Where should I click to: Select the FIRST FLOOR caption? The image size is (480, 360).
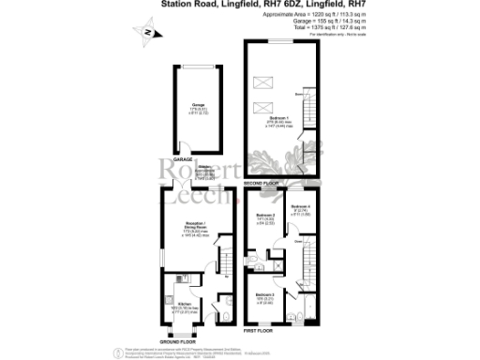tap(257, 331)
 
